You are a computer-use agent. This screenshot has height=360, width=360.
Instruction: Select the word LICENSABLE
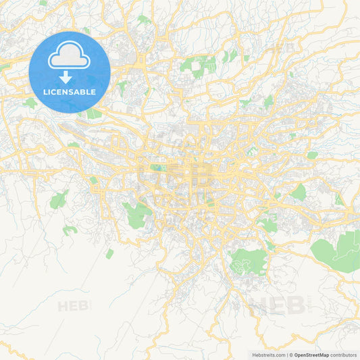click(70, 92)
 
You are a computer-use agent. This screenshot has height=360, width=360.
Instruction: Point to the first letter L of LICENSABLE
click(45, 92)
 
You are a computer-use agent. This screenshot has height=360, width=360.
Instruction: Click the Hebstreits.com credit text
click(268, 355)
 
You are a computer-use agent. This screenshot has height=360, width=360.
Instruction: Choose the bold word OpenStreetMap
click(312, 355)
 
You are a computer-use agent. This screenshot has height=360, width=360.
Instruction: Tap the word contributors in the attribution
click(344, 355)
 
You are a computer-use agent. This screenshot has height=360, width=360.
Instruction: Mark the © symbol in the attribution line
click(290, 355)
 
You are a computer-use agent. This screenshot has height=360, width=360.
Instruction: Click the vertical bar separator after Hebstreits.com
click(286, 355)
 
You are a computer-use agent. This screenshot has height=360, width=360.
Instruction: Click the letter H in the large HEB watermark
click(260, 305)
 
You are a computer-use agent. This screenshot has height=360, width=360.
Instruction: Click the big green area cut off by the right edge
click(338, 251)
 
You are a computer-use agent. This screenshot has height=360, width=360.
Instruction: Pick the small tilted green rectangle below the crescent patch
click(109, 253)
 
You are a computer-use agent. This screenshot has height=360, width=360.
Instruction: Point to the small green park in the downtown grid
click(157, 167)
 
